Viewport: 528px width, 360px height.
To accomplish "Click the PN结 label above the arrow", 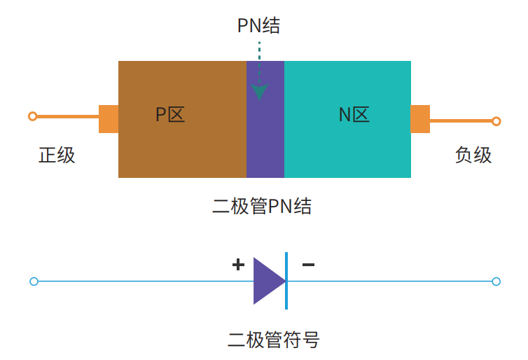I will click(259, 26).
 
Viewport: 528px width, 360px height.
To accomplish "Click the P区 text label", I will click(170, 115).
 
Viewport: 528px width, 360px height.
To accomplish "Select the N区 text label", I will click(354, 115).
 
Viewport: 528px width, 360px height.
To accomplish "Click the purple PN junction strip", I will click(265, 140).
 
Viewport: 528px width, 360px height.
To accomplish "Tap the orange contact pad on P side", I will click(109, 118).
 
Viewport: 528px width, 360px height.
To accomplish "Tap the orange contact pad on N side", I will click(419, 119).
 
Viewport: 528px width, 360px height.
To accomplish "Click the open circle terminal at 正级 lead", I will click(32, 116).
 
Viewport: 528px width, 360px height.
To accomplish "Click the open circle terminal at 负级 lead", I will click(496, 121).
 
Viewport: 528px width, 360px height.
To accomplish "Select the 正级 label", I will click(57, 155).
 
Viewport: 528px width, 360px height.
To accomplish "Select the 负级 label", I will click(473, 155).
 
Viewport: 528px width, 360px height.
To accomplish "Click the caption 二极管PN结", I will click(262, 207).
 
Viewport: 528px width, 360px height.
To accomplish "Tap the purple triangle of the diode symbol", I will click(267, 281).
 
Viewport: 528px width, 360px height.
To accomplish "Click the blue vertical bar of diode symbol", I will click(286, 281).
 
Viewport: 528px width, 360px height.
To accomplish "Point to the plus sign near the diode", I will click(238, 265).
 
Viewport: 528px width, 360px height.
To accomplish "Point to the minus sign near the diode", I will click(308, 265).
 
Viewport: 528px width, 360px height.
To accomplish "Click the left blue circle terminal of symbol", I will click(34, 282).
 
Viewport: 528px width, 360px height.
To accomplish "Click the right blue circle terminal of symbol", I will click(496, 282).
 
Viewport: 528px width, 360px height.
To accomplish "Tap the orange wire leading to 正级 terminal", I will click(67, 116).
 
